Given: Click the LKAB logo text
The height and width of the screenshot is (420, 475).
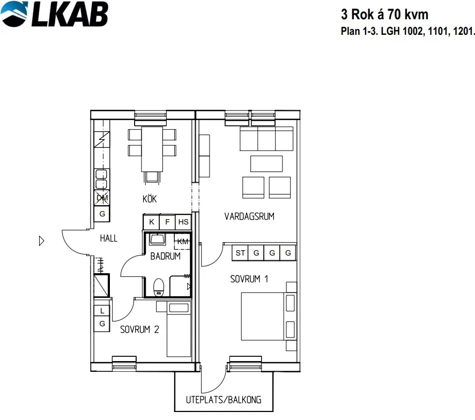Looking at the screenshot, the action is tap(70, 14).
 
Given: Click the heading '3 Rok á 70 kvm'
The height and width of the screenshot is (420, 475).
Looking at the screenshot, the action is tap(385, 14).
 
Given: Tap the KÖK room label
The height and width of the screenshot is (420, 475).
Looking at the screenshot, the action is tap(150, 199).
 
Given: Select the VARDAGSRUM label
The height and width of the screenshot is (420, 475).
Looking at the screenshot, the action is tap(249, 216).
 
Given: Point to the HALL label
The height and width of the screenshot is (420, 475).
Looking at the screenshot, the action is tap(108, 238).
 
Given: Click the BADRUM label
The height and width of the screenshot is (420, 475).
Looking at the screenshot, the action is tap(166, 256).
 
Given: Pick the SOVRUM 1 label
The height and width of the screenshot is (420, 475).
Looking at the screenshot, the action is tap(249, 279).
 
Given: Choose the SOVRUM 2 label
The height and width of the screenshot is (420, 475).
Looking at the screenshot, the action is tap(139, 329).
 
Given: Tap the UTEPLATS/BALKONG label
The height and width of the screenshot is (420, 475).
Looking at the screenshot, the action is tap(224, 400).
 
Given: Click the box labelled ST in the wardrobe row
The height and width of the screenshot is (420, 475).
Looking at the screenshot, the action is tap(240, 253).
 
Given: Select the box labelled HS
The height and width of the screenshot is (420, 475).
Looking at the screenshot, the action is tap(183, 222).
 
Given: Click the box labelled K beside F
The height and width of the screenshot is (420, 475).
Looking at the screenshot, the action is tap(152, 222).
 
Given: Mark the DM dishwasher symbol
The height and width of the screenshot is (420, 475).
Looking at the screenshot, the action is tap(102, 198).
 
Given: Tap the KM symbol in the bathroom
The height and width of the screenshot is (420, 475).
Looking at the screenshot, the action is tap(183, 242).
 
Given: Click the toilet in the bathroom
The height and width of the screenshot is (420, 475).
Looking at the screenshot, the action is tap(159, 287).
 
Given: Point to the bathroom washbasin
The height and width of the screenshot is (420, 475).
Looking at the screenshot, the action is tap(157, 239).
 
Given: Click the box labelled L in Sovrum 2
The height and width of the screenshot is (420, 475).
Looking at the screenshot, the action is tap(102, 310).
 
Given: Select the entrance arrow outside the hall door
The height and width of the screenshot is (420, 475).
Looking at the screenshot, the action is tap(42, 241).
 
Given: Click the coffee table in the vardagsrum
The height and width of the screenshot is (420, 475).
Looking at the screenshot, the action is tap(266, 164).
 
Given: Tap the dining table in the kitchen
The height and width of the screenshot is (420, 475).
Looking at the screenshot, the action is tap(152, 149).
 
